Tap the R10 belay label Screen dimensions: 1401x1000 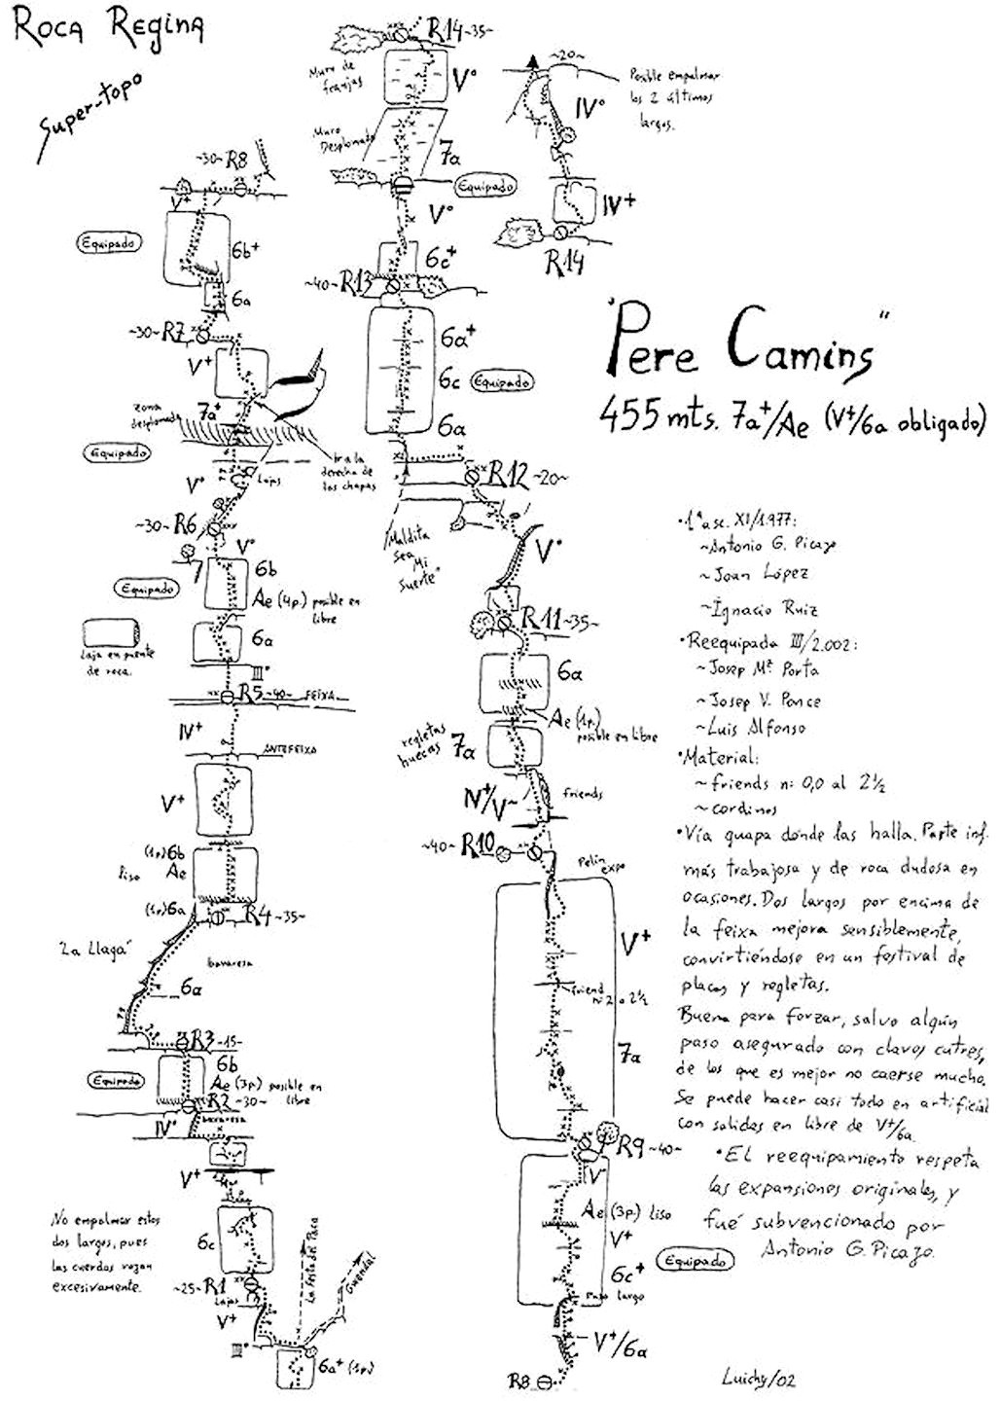click(x=480, y=844)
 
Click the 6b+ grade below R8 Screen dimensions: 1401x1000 click(x=245, y=249)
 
